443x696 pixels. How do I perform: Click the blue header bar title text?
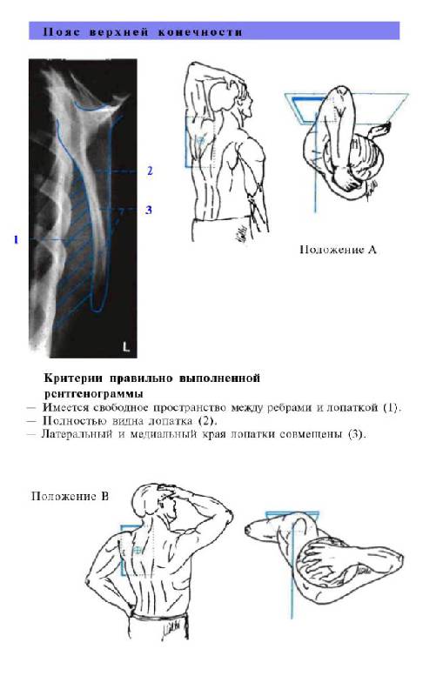(143, 32)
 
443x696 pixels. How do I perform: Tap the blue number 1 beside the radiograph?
(16, 240)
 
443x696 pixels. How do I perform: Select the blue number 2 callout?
(150, 171)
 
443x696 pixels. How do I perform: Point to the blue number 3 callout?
(149, 210)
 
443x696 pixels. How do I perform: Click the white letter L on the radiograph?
(126, 346)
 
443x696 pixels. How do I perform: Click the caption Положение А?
(339, 250)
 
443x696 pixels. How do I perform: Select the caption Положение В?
(70, 496)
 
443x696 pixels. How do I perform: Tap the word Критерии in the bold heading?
(74, 378)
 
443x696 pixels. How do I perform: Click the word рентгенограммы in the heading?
(94, 394)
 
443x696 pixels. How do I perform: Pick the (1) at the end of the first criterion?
(392, 407)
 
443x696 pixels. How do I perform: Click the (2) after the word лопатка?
(207, 420)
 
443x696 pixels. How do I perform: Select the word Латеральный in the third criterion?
(77, 434)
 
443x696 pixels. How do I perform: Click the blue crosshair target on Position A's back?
(201, 141)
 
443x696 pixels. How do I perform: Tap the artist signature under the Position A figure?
(240, 232)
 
